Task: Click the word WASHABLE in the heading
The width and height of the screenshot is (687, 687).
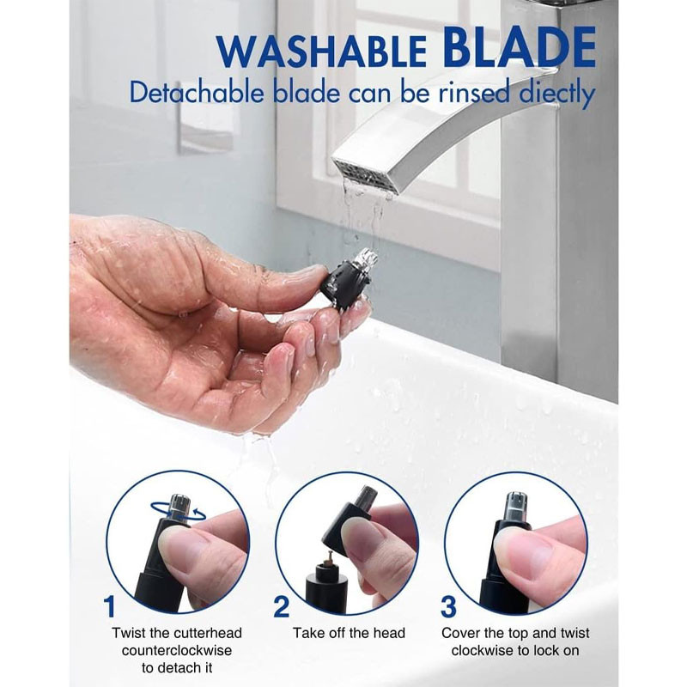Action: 322,52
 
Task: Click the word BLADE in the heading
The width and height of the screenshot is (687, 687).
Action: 519,46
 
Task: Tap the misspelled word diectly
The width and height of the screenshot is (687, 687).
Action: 556,94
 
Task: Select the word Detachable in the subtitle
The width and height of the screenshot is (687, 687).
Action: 197,93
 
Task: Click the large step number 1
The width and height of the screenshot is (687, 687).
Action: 110,606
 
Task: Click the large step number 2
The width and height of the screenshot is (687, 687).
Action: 282,606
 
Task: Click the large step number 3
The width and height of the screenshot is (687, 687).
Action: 448,606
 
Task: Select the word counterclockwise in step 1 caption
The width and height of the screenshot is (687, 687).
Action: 177,650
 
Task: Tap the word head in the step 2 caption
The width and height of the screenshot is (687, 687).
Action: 389,633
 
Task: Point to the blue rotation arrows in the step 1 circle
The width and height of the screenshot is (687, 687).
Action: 179,510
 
